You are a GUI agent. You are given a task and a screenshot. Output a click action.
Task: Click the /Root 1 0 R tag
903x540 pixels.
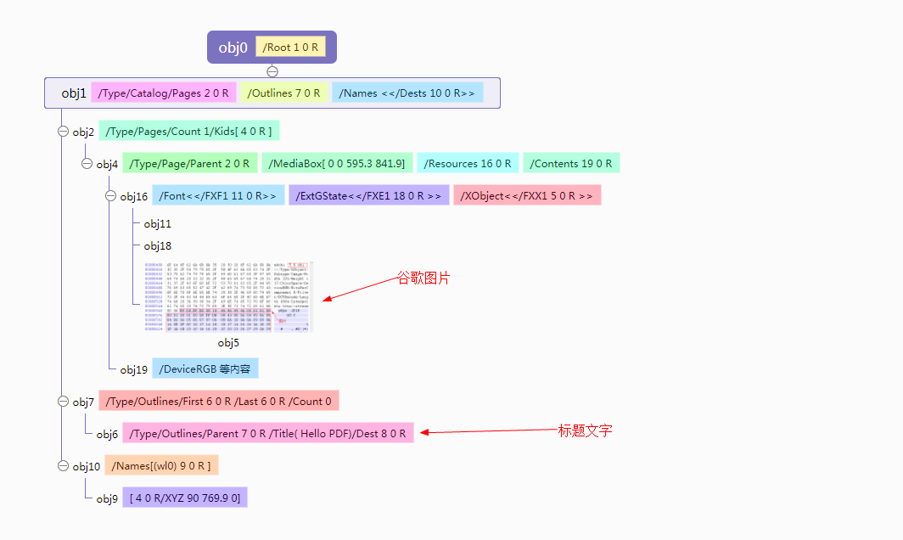click(290, 48)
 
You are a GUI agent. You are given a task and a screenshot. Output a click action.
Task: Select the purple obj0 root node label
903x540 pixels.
click(233, 48)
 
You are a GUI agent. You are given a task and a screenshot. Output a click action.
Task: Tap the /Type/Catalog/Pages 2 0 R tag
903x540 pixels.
click(164, 93)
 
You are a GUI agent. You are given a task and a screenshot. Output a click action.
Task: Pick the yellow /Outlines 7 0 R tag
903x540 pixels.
click(283, 93)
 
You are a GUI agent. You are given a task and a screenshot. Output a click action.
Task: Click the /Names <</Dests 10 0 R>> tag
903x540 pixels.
click(407, 93)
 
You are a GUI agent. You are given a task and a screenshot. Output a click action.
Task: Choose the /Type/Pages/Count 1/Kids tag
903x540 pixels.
click(190, 132)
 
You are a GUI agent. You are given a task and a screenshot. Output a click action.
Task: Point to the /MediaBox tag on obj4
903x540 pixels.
click(338, 163)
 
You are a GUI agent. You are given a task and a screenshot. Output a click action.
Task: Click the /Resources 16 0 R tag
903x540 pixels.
click(468, 163)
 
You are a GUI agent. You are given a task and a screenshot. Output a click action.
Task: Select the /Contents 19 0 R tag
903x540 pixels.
click(571, 163)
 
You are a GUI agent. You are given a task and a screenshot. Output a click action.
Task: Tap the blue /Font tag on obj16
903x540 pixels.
click(217, 196)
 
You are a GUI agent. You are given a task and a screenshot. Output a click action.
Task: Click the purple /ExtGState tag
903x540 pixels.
click(368, 196)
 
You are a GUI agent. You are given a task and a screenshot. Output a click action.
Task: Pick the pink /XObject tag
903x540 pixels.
click(527, 196)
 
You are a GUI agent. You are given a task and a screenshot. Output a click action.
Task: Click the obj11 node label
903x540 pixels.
click(157, 224)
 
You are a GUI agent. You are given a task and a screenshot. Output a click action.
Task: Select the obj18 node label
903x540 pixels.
click(157, 246)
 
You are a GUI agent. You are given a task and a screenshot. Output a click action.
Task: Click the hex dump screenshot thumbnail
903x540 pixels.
click(229, 297)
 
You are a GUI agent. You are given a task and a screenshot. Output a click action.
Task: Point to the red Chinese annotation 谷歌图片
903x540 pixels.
click(423, 278)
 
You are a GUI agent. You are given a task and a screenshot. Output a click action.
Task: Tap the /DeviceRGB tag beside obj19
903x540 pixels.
click(205, 368)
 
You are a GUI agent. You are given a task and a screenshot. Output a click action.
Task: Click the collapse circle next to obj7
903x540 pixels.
click(62, 401)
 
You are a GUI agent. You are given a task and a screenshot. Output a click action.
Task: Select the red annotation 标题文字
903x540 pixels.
click(585, 430)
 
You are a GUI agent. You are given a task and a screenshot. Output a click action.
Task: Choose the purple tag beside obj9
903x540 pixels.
click(185, 498)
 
